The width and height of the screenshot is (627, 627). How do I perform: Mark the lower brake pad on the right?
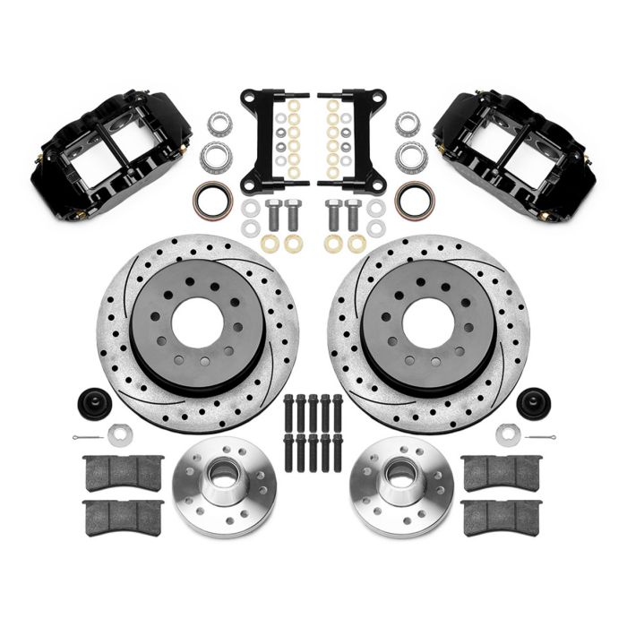tap(502, 515)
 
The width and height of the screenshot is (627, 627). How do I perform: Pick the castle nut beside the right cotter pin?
tap(508, 434)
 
